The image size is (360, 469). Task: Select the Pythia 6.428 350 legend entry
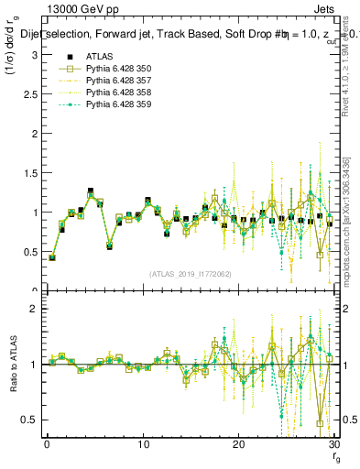(115, 69)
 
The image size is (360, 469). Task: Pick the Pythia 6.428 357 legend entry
(115, 81)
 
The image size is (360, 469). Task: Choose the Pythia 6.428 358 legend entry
(115, 93)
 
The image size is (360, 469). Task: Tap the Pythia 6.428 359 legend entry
(115, 104)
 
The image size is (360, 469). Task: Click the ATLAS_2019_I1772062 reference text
(189, 273)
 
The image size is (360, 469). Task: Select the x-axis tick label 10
(143, 444)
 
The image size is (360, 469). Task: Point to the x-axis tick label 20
(238, 444)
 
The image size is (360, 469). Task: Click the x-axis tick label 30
(333, 444)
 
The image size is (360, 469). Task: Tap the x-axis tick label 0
(47, 444)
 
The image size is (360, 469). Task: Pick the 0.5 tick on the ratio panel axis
(32, 420)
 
